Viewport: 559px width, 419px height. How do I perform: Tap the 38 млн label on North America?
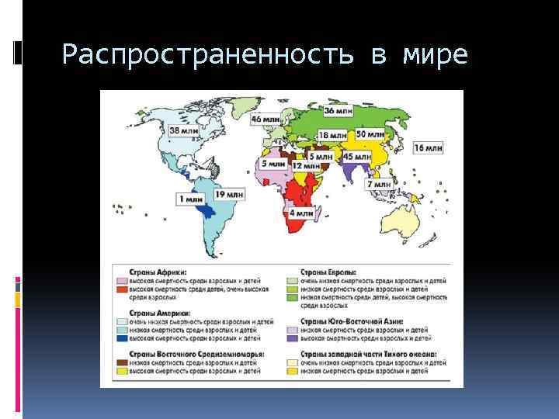click(183, 131)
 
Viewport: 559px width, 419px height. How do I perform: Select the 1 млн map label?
click(191, 199)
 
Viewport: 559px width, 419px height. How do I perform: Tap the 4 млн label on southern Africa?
click(301, 212)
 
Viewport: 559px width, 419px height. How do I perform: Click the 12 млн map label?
click(306, 165)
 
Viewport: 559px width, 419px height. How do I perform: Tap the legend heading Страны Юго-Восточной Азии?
click(349, 320)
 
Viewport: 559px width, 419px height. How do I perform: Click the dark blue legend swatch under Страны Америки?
click(122, 338)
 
